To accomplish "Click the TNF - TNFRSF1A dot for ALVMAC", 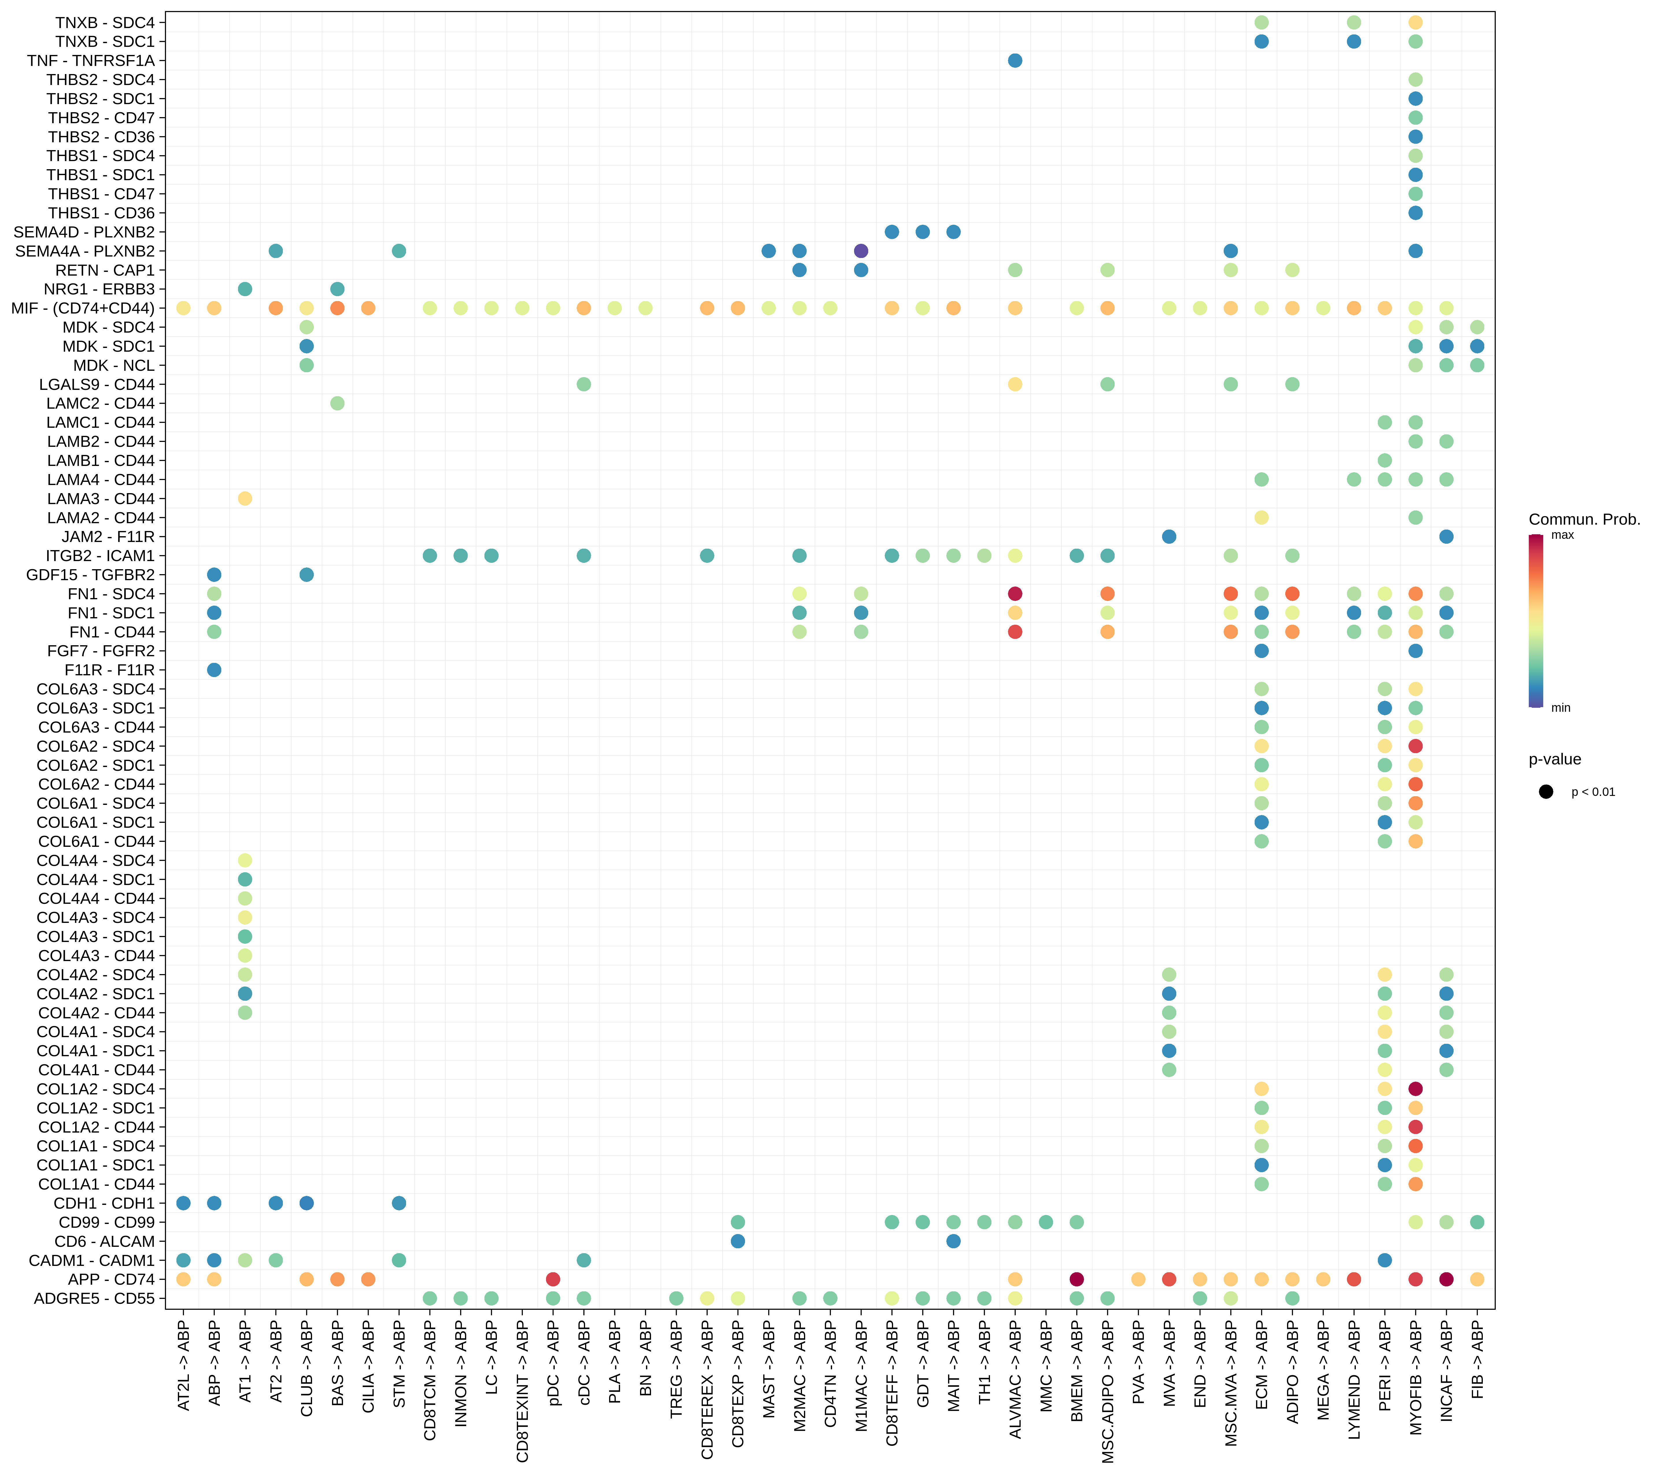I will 1015,60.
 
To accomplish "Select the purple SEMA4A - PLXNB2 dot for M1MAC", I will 861,250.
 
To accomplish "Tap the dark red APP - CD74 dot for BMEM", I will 1076,1279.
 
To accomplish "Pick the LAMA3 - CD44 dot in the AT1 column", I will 245,498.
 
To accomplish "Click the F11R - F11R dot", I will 214,670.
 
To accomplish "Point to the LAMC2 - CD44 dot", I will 338,403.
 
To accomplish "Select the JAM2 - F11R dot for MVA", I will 1169,536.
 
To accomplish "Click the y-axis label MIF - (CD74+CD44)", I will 83,307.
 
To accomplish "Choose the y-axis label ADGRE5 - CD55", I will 94,1299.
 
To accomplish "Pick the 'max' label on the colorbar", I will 1562,534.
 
